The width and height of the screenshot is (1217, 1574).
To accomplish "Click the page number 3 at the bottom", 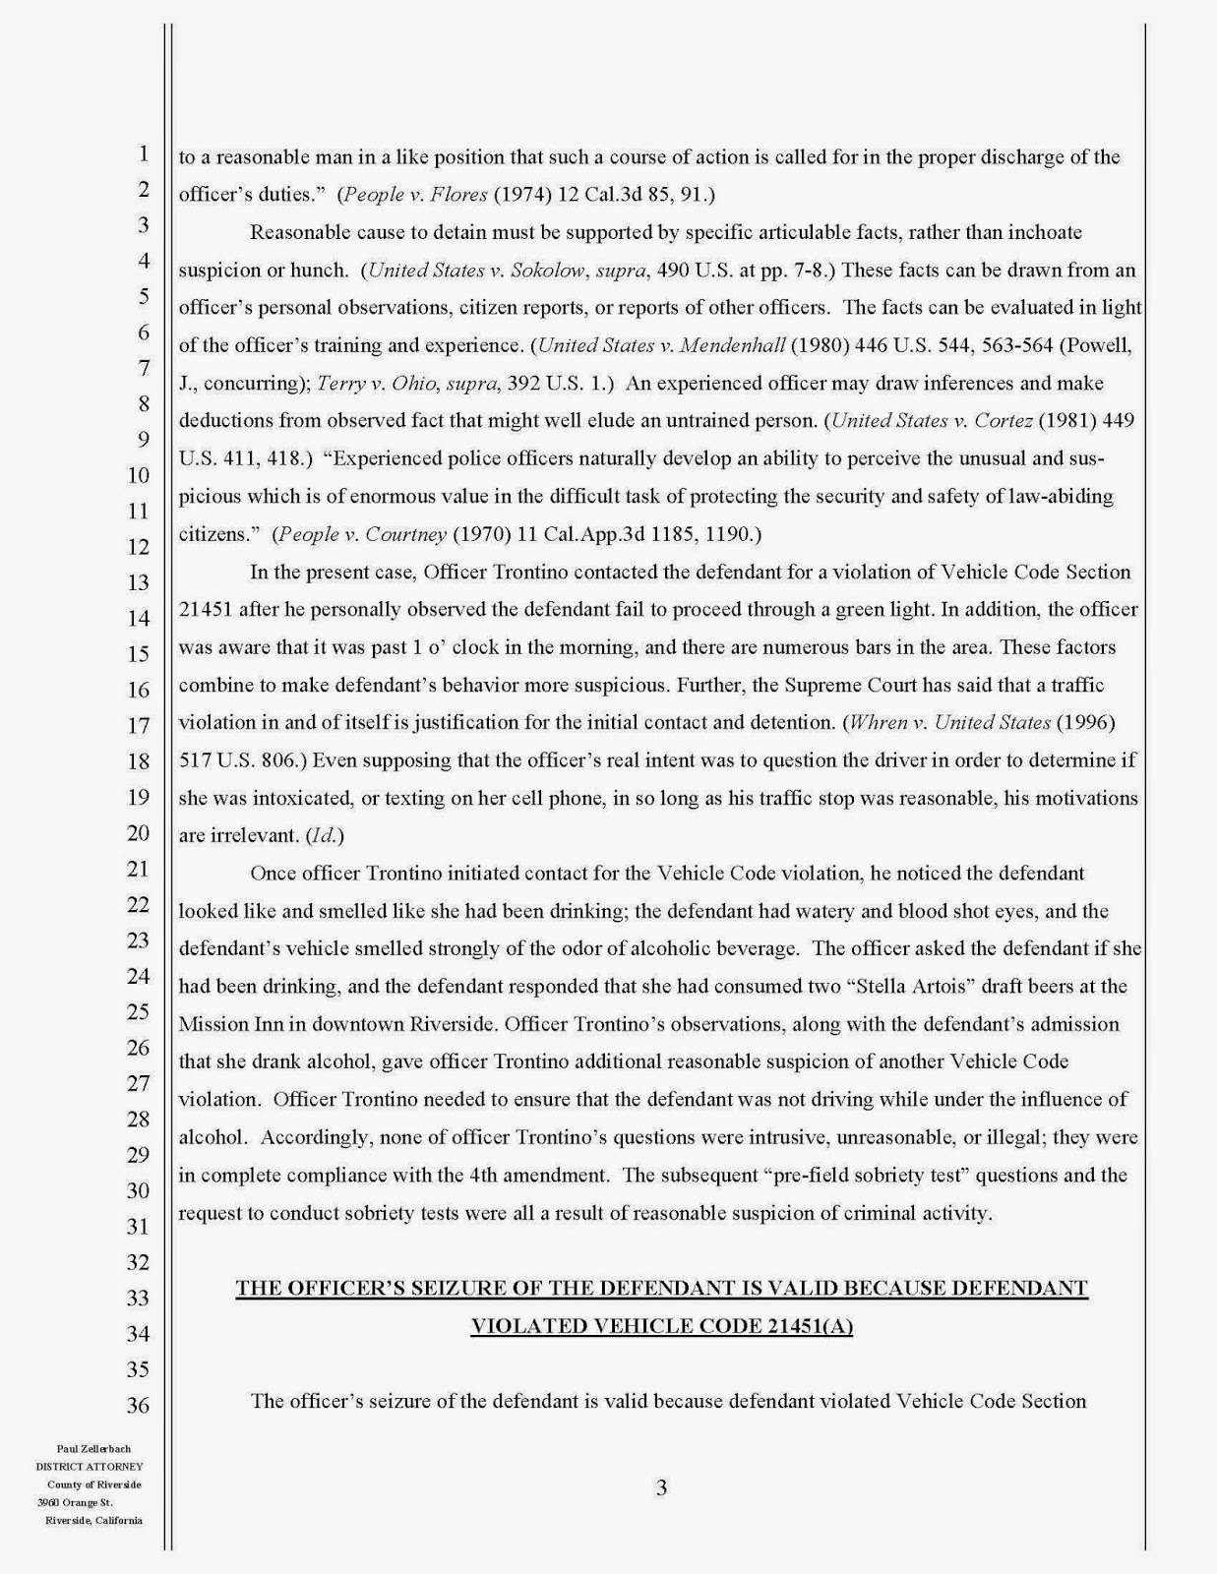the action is (x=661, y=1487).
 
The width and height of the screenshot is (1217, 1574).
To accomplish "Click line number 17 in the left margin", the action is (x=139, y=725).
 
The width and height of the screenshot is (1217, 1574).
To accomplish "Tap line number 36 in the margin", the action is (x=139, y=1405).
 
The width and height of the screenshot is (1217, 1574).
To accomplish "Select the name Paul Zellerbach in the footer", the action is (x=93, y=1449).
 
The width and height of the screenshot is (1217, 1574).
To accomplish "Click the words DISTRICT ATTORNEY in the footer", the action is (x=90, y=1467).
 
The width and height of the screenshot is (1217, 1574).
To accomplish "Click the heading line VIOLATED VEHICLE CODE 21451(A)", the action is (x=661, y=1326).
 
